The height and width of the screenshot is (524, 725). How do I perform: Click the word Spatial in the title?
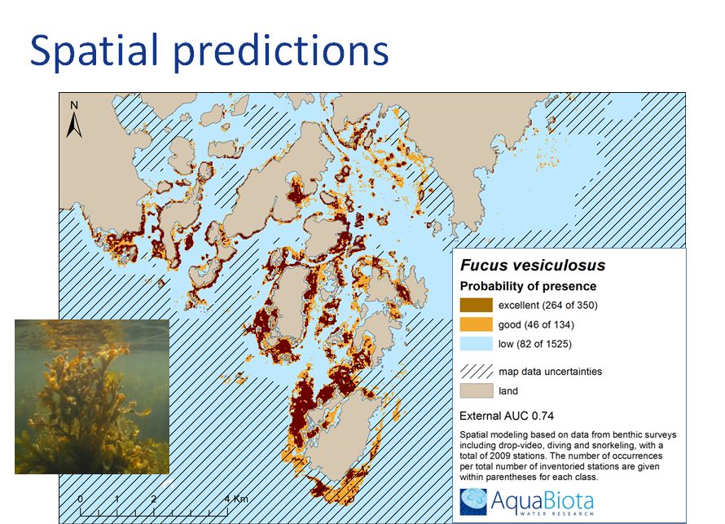[94, 51]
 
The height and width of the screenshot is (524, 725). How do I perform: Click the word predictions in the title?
[281, 51]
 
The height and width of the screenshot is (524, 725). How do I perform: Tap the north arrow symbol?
[74, 125]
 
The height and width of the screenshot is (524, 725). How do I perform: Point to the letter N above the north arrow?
[74, 105]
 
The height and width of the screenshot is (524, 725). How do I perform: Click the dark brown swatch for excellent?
[477, 306]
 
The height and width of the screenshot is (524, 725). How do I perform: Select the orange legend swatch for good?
[477, 324]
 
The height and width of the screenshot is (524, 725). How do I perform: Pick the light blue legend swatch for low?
[477, 344]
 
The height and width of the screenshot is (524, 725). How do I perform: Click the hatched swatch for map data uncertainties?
[477, 372]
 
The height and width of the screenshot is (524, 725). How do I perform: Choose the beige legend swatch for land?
[477, 391]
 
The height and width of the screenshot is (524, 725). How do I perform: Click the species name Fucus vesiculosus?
[533, 265]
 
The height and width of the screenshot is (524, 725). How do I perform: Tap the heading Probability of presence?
[528, 286]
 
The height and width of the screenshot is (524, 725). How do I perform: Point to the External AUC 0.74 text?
[507, 416]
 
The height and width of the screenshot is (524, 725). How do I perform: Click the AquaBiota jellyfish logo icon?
[473, 501]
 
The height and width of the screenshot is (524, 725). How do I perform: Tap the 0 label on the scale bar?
[81, 499]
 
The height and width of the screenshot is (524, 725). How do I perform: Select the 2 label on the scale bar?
[153, 499]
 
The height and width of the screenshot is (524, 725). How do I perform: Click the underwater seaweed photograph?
[92, 396]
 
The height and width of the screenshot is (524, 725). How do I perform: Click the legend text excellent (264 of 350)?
[548, 306]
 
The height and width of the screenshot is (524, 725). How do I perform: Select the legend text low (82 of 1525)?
[535, 344]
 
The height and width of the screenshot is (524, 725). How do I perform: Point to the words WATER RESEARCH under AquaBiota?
[556, 513]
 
